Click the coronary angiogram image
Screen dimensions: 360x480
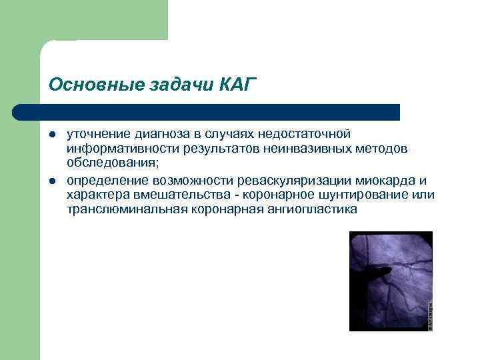click(391, 281)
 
